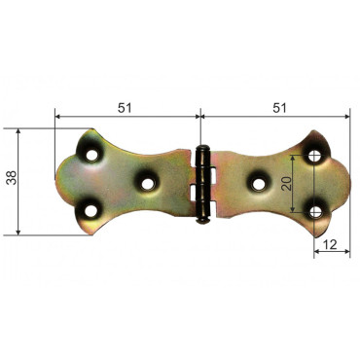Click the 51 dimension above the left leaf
point(125,107)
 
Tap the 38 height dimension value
point(12,181)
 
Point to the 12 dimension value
point(331,246)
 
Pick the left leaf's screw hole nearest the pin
point(148,180)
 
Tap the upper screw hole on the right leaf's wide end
point(314,155)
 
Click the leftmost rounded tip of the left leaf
point(55,179)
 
